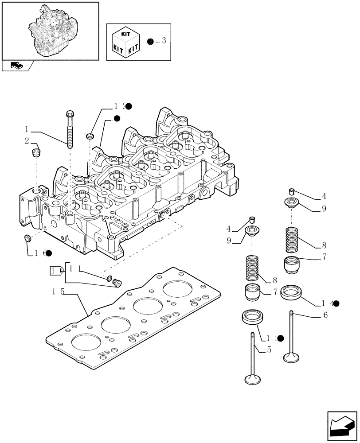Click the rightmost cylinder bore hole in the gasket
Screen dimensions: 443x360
click(x=177, y=289)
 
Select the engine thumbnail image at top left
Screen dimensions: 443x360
click(x=50, y=30)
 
